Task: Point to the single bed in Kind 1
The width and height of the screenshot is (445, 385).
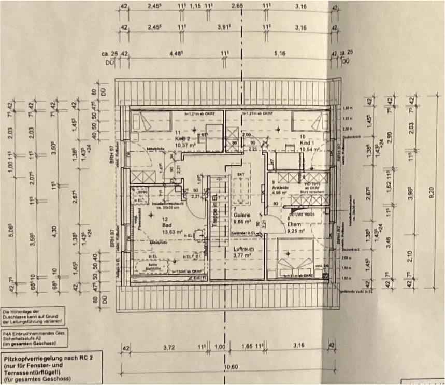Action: [309, 123]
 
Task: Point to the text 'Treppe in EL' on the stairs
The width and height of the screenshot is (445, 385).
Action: [214, 210]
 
